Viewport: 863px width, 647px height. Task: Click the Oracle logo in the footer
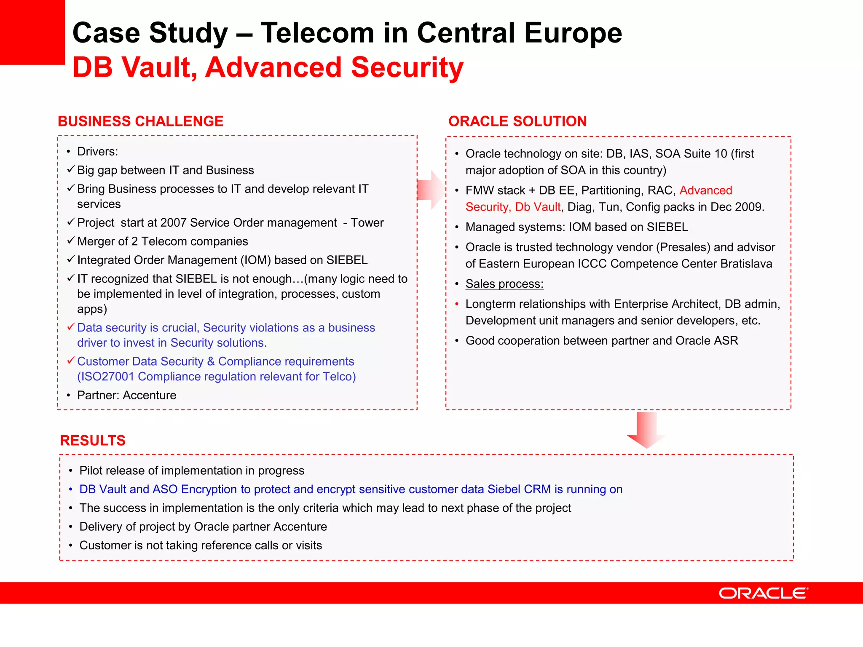[x=763, y=593]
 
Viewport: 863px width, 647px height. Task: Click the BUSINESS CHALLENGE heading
[x=140, y=121]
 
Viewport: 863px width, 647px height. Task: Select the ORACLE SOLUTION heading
[x=517, y=121]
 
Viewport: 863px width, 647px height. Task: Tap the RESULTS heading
[x=93, y=441]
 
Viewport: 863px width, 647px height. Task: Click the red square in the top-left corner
[x=32, y=32]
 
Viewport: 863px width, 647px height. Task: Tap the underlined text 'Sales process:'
[x=504, y=284]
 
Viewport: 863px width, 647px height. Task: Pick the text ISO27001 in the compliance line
[x=107, y=377]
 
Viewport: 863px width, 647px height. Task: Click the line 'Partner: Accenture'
[x=126, y=395]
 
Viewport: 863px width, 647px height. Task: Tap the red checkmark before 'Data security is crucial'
[x=71, y=327]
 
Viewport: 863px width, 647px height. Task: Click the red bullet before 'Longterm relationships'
[x=457, y=304]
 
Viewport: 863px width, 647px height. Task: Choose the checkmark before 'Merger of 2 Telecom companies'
[x=71, y=241]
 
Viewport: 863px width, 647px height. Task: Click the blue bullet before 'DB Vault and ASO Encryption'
[x=70, y=489]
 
